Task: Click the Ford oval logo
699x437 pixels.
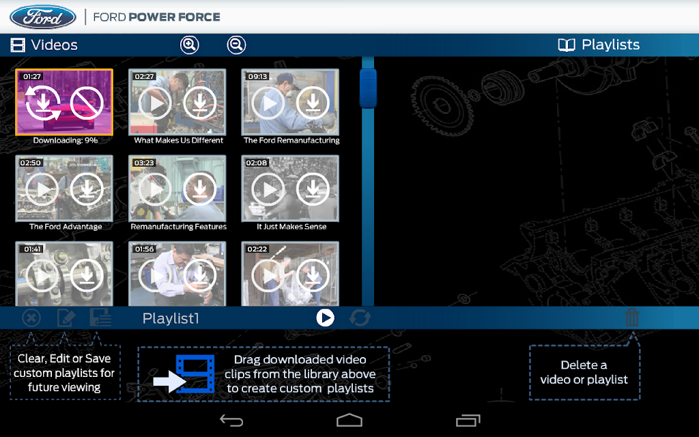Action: click(43, 17)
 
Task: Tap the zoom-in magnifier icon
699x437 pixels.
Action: click(190, 45)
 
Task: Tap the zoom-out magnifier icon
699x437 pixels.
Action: click(236, 45)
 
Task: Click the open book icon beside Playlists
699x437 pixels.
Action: click(567, 44)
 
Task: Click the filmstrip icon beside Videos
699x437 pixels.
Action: click(18, 45)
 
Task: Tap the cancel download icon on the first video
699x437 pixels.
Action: click(87, 103)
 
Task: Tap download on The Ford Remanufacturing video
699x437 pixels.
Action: click(313, 103)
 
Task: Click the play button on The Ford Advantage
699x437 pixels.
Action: click(42, 190)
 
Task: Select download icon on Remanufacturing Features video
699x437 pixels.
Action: click(200, 190)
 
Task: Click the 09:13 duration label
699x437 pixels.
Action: click(257, 76)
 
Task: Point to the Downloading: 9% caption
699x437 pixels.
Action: click(66, 141)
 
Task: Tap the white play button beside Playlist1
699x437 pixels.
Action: click(325, 318)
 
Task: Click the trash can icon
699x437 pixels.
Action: click(632, 318)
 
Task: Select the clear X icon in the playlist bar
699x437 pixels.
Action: click(31, 318)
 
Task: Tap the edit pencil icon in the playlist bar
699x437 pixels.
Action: click(66, 318)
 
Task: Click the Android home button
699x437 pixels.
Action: click(349, 421)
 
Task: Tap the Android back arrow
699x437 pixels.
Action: click(231, 421)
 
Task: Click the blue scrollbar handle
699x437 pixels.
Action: click(368, 88)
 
